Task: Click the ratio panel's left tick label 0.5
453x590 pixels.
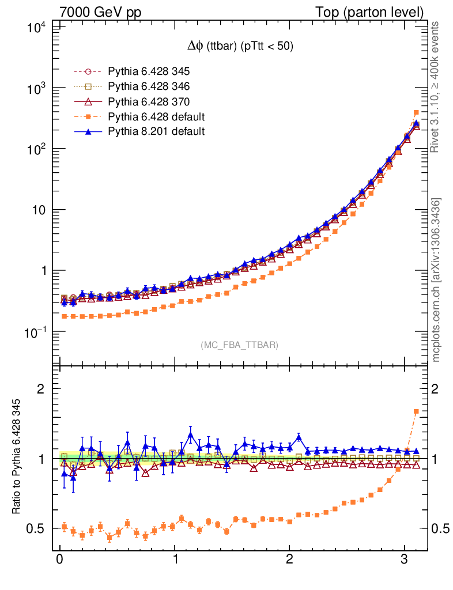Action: click(38, 529)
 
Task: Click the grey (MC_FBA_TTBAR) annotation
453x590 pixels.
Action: click(239, 345)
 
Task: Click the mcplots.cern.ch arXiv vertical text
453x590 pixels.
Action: click(436, 280)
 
